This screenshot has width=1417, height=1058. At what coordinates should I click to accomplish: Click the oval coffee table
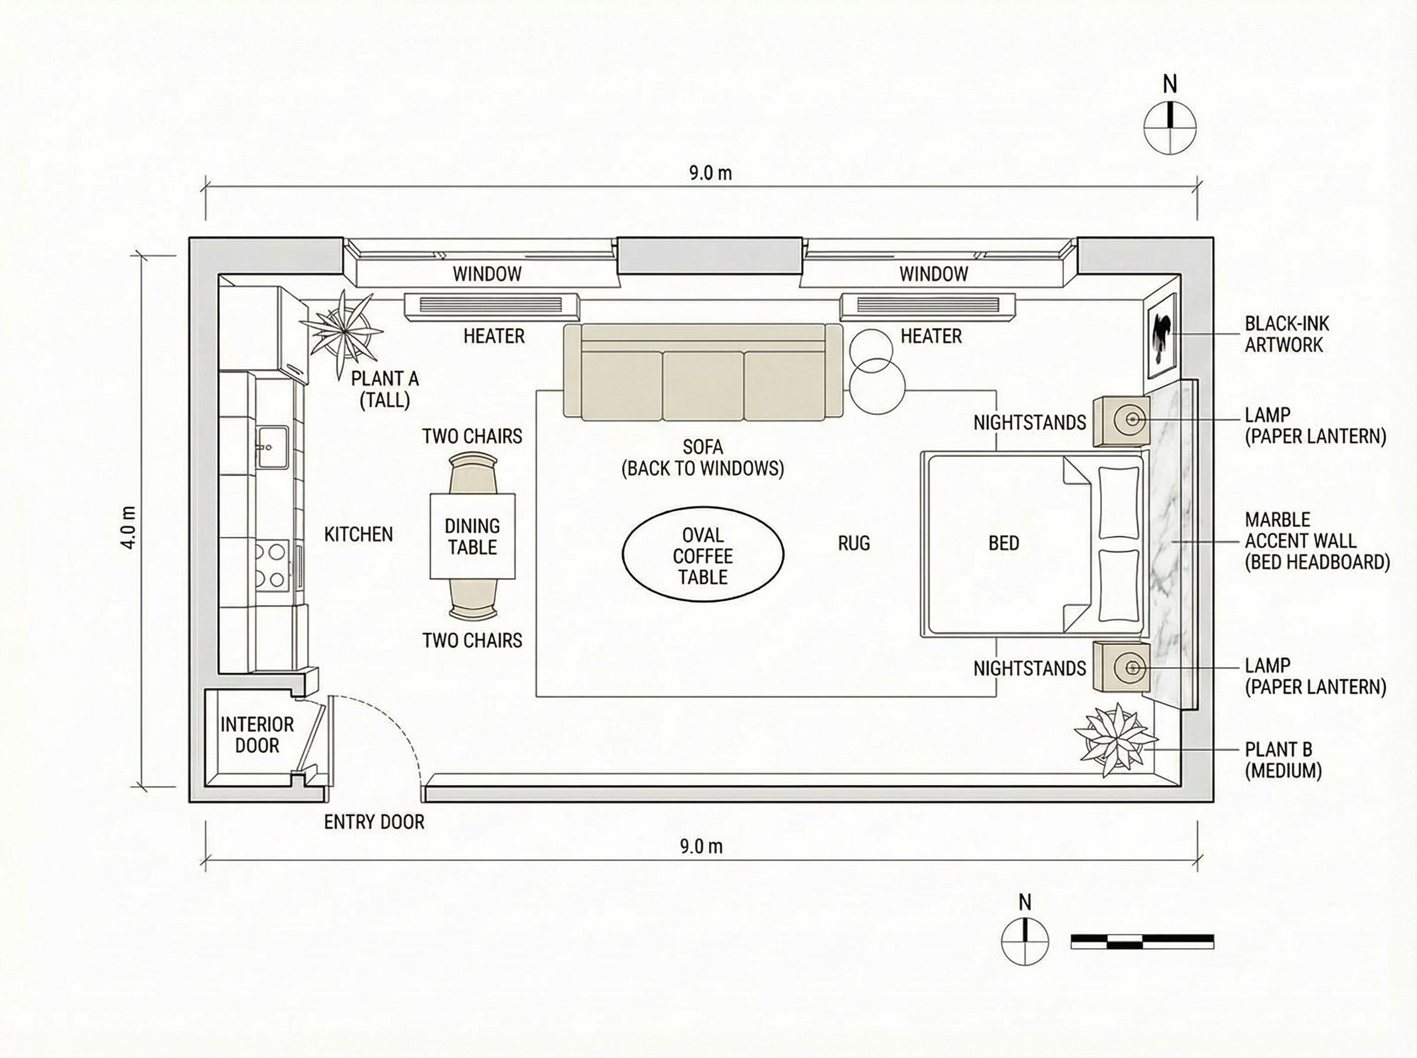[x=703, y=554]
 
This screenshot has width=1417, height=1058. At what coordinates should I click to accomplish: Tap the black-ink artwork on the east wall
[x=1161, y=336]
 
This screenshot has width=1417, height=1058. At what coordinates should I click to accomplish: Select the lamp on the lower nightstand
[x=1131, y=667]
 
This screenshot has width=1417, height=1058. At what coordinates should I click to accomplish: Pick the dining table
[x=472, y=536]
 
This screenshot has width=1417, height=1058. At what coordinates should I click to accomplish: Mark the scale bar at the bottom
[x=1142, y=941]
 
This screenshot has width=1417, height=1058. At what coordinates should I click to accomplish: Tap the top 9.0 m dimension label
[x=710, y=173]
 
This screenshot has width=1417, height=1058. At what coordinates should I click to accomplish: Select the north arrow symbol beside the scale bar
[x=1024, y=941]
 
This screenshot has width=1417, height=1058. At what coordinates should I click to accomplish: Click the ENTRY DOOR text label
[x=374, y=822]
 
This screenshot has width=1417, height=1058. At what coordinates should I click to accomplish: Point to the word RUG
[x=854, y=543]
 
